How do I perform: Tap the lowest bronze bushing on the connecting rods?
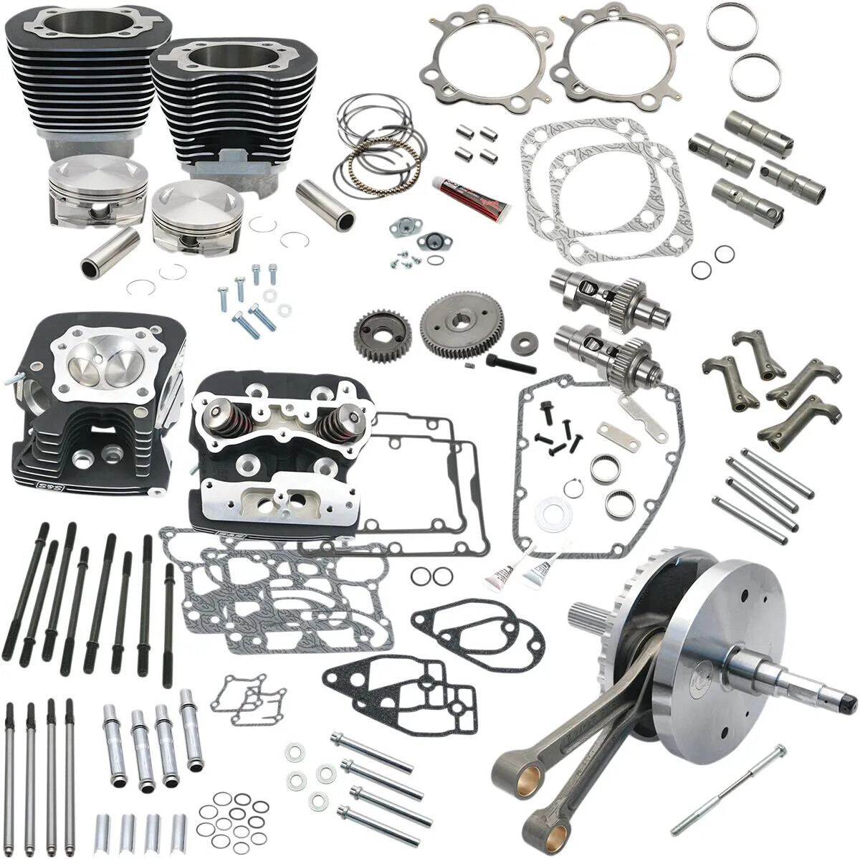coord(550,820)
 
